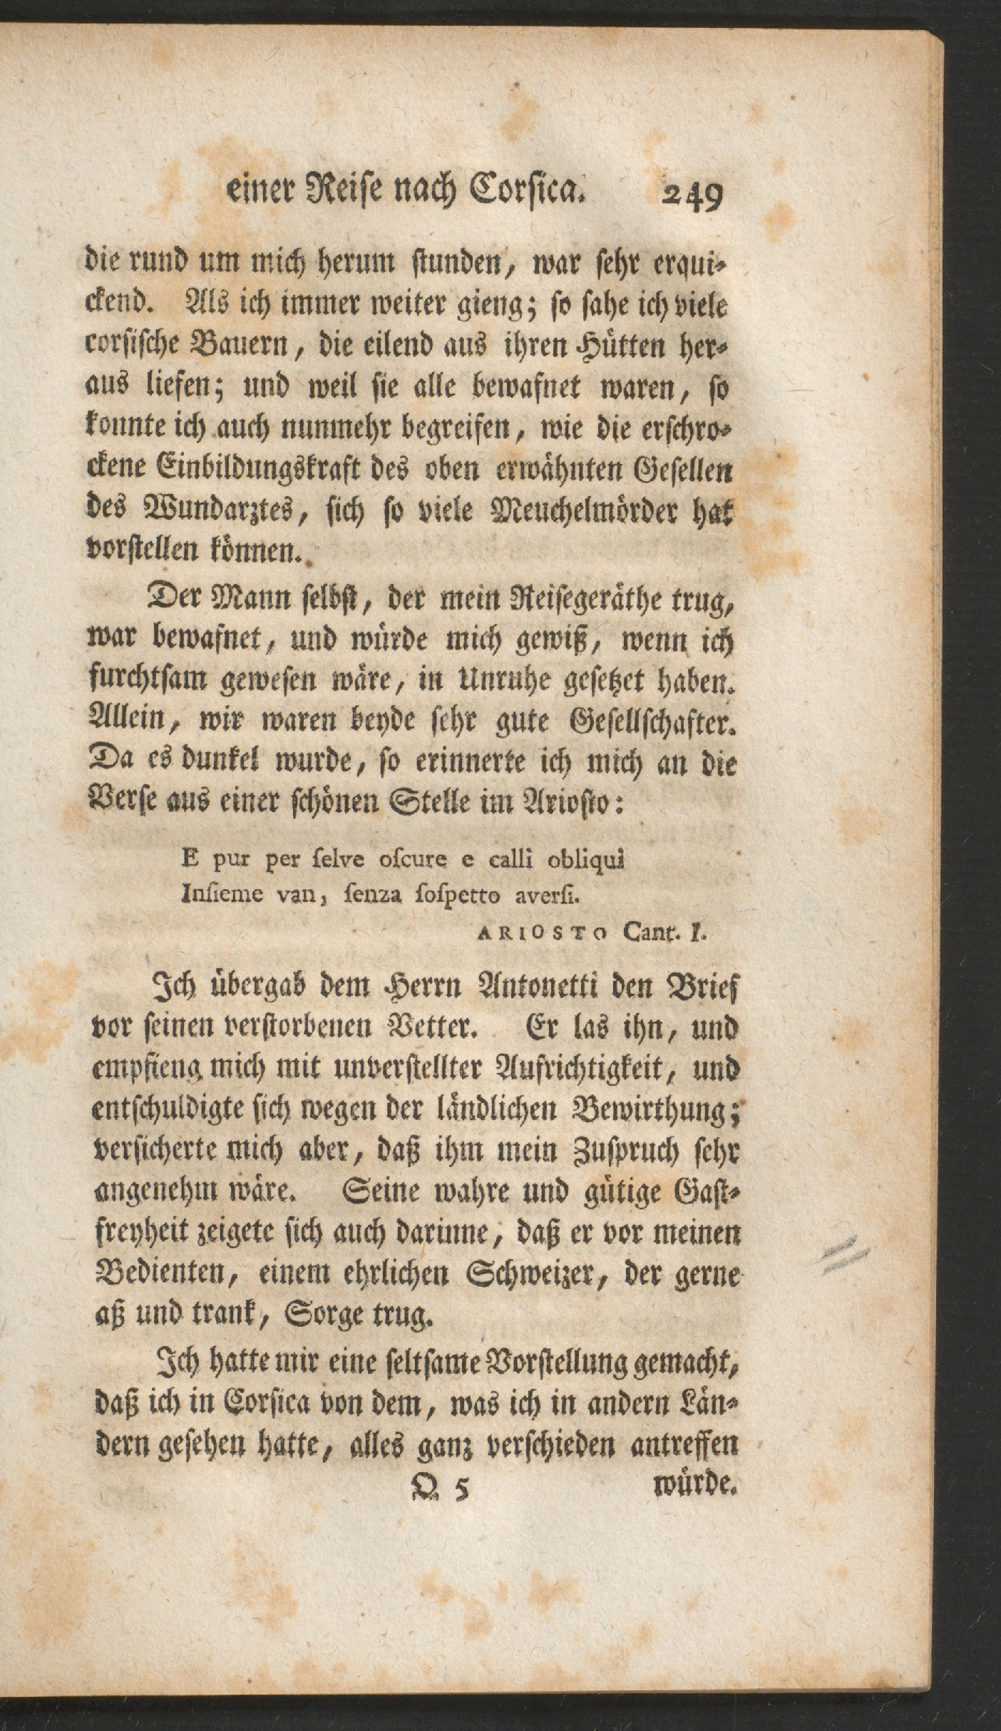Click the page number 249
[x=692, y=195]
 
